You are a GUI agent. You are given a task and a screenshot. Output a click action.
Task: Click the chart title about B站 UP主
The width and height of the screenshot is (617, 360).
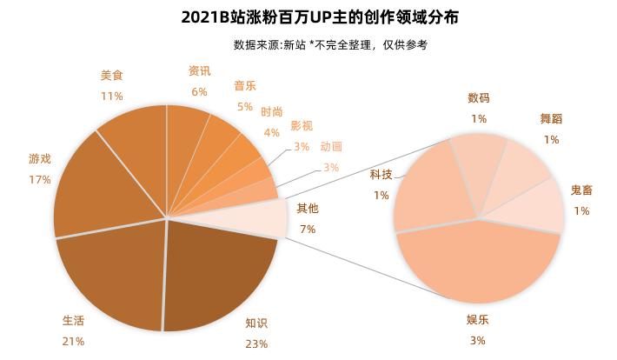[x=308, y=17]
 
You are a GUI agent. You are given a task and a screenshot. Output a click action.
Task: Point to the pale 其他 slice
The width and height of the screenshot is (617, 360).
[x=265, y=217]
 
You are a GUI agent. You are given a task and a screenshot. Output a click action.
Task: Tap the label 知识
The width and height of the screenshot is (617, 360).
[x=256, y=323]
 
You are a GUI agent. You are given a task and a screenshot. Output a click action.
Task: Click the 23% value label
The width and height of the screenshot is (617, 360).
[x=256, y=343]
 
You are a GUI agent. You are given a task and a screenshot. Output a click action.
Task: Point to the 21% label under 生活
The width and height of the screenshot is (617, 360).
[x=73, y=341]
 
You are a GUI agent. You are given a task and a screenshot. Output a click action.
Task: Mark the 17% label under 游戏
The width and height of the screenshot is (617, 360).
[x=40, y=179]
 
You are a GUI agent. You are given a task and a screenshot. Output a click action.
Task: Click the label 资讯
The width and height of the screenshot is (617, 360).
[x=199, y=71]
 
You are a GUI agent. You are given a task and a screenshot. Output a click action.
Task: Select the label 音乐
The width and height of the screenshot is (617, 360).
[x=244, y=86]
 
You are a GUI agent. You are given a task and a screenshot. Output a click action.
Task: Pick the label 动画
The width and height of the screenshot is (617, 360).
[x=331, y=147]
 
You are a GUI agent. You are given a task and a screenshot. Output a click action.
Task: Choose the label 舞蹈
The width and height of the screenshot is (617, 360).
[x=551, y=119]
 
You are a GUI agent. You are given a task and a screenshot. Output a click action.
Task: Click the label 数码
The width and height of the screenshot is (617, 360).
[x=478, y=98]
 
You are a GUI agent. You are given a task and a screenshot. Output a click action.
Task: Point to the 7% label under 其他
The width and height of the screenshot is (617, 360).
[x=308, y=229]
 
